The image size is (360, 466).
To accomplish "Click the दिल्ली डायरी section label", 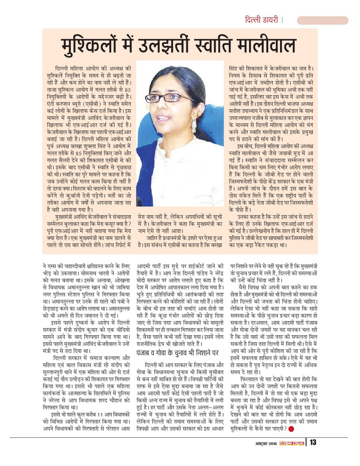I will [261, 20].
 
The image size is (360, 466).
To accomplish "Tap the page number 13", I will [313, 442].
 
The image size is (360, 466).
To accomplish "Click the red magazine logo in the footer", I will [292, 443].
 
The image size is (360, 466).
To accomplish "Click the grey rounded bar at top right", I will [322, 20].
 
